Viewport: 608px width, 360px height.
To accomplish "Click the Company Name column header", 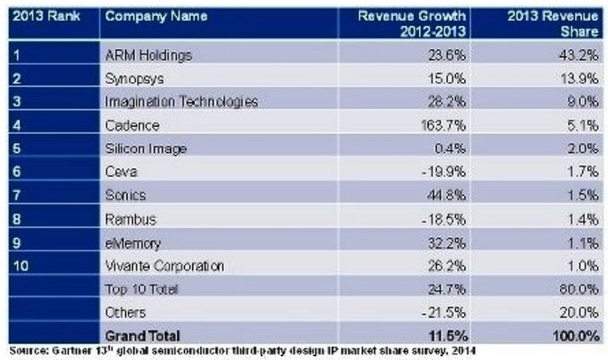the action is (157, 17).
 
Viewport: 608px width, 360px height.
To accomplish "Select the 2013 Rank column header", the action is (47, 17).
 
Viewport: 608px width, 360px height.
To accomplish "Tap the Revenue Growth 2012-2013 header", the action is (412, 23).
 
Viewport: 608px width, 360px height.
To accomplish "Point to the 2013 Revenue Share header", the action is (553, 23).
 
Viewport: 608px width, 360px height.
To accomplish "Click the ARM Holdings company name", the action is (148, 55).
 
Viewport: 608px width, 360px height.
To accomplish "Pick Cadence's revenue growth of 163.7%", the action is (443, 125).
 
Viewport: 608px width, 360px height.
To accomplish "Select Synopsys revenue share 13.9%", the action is (579, 78).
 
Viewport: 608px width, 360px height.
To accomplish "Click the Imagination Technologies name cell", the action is (181, 101).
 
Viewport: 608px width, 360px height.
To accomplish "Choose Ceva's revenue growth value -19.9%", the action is (444, 171).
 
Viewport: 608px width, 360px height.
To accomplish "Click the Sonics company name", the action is (125, 195).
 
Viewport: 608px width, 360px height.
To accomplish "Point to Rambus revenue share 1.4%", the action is (583, 220).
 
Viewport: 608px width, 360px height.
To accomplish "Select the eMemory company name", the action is (133, 243).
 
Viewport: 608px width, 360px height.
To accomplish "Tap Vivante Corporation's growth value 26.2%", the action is (447, 266).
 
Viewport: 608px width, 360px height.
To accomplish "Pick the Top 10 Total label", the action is (141, 289).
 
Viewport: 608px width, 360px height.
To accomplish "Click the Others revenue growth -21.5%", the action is (444, 312).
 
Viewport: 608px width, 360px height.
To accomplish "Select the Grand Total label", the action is (142, 335).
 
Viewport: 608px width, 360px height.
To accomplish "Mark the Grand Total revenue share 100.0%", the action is (576, 335).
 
